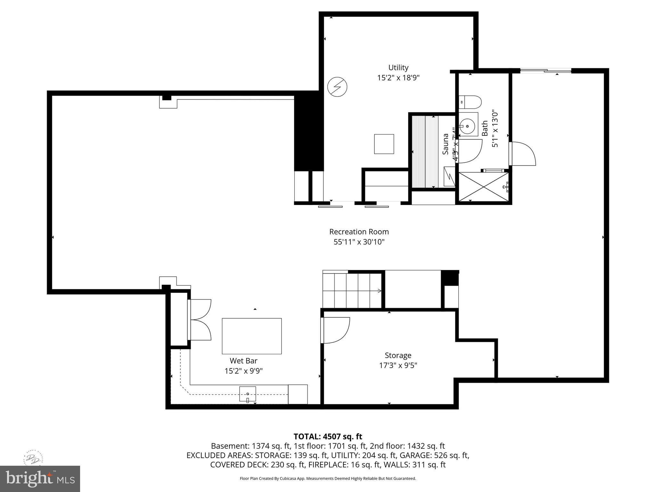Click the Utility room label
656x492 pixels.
[x=398, y=68]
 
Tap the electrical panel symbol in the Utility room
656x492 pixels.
[x=337, y=87]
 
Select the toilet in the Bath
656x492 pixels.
[x=470, y=102]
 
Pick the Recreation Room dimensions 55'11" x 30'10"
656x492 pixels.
[x=359, y=242]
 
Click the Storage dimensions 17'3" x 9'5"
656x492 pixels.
[x=398, y=365]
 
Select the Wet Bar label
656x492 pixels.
[x=243, y=361]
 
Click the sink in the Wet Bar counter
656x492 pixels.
[x=248, y=394]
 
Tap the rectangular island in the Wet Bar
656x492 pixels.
[x=252, y=336]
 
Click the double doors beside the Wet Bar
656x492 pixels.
[x=200, y=320]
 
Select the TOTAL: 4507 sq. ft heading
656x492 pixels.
[x=328, y=437]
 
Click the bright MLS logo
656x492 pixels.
[x=40, y=479]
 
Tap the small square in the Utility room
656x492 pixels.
[x=384, y=144]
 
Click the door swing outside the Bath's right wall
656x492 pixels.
[x=522, y=154]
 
